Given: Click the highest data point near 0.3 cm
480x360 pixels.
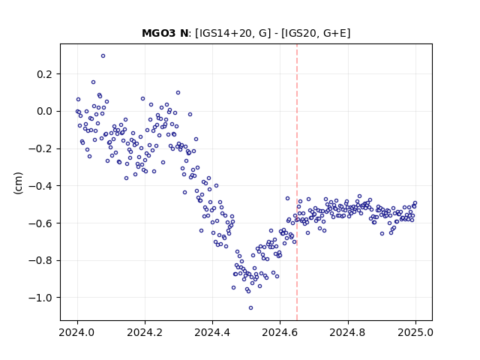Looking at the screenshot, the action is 103,56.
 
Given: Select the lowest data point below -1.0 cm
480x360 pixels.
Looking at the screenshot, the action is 250,308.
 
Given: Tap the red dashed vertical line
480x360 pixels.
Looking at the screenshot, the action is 297,182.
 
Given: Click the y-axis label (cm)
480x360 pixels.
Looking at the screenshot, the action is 18,183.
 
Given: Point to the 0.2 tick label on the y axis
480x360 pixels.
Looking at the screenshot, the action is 46,74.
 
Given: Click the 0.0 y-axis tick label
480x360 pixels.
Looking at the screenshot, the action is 46,112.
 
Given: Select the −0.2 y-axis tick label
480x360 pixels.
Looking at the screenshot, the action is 41,148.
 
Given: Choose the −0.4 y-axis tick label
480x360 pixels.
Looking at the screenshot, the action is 41,186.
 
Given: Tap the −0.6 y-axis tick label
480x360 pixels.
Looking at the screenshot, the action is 41,223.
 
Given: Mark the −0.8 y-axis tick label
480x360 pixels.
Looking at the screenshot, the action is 41,260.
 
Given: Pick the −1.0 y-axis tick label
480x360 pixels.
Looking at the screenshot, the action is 41,298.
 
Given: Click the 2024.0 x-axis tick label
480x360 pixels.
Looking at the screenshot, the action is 77,332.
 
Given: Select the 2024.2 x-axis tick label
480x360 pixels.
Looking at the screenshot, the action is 145,332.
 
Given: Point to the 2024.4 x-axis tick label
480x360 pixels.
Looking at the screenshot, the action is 212,332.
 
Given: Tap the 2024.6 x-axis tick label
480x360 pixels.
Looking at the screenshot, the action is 280,332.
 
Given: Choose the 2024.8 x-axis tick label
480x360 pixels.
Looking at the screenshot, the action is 348,332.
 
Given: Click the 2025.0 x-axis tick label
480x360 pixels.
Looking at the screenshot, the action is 415,332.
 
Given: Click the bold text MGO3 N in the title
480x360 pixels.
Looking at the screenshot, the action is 165,33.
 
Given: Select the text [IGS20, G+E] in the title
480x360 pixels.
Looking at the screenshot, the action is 316,33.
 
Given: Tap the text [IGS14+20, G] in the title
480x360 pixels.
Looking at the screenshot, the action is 233,33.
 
